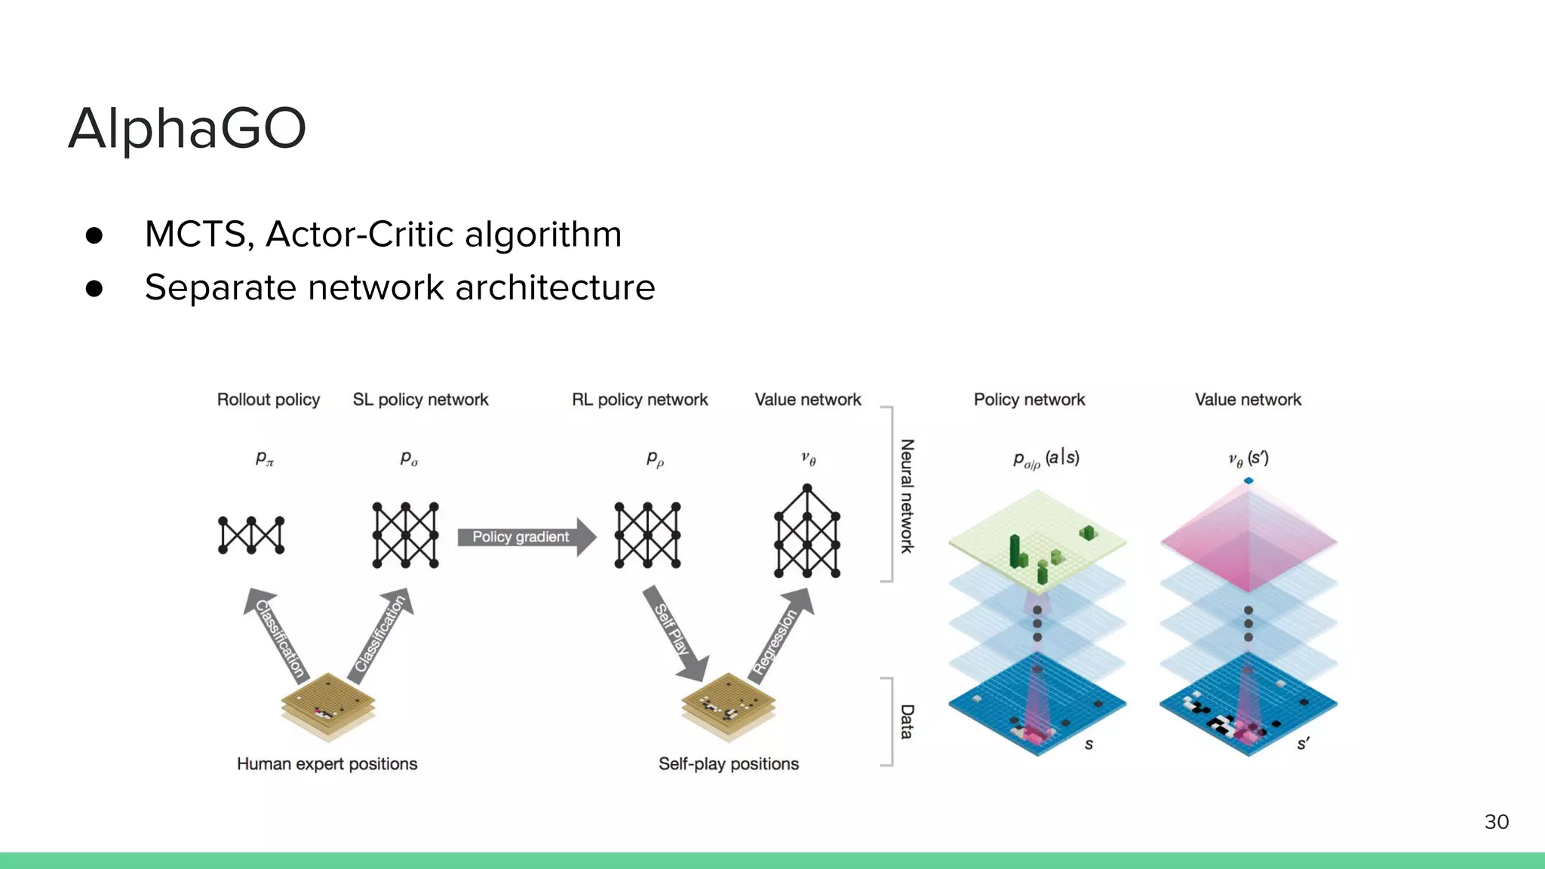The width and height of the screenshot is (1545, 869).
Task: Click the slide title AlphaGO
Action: pyautogui.click(x=187, y=128)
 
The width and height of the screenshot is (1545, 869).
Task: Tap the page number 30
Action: pyautogui.click(x=1496, y=821)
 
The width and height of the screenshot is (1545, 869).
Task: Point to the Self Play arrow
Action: pyautogui.click(x=674, y=632)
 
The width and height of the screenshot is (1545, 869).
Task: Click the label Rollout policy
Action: pyautogui.click(x=269, y=400)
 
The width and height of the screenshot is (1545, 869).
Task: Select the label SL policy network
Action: pyautogui.click(x=420, y=400)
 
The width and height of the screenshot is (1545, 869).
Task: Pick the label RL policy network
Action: pyautogui.click(x=640, y=400)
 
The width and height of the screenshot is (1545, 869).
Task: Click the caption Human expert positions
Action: pyautogui.click(x=327, y=764)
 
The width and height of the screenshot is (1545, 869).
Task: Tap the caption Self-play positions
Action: pyautogui.click(x=728, y=764)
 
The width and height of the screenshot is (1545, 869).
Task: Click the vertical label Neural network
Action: pyautogui.click(x=908, y=496)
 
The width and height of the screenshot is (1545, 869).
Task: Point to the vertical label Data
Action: pyautogui.click(x=908, y=722)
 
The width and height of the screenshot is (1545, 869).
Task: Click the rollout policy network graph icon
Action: pyautogui.click(x=251, y=536)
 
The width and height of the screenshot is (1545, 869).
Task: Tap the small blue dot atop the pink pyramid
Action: pyautogui.click(x=1249, y=481)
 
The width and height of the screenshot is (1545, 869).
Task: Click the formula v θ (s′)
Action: pyautogui.click(x=1249, y=459)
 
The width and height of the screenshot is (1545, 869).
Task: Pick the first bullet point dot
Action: pyautogui.click(x=94, y=235)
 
